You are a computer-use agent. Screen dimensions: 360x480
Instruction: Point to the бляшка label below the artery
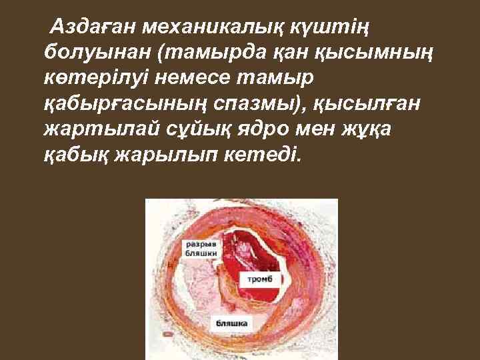point(231,323)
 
